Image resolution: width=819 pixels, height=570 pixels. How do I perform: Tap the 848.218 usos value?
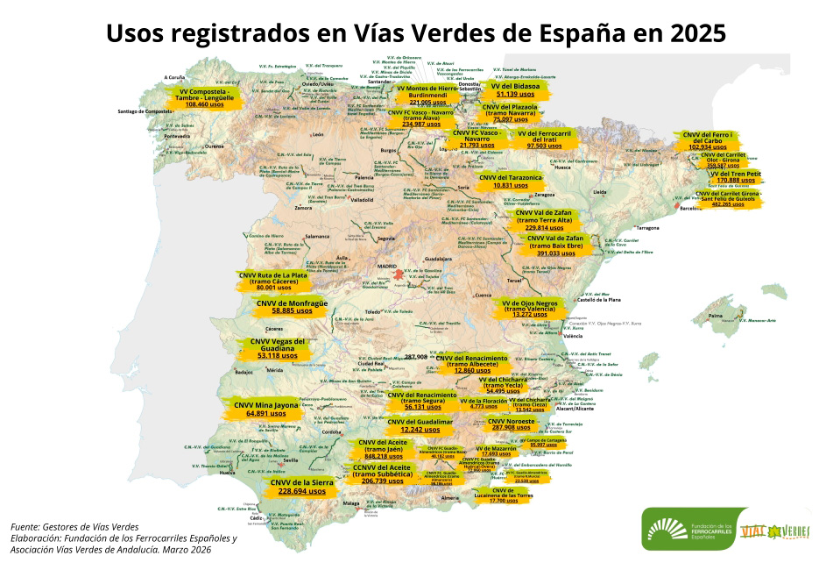pyautogui.click(x=382, y=457)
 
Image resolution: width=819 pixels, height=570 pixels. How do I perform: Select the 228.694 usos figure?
pyautogui.click(x=301, y=492)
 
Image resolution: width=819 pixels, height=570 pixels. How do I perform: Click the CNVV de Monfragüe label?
pyautogui.click(x=292, y=303)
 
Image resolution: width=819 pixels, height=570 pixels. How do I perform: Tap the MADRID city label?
pyautogui.click(x=386, y=265)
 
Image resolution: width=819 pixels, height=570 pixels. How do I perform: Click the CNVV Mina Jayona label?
pyautogui.click(x=267, y=405)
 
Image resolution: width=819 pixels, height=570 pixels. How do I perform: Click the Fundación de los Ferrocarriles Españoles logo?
pyautogui.click(x=684, y=530)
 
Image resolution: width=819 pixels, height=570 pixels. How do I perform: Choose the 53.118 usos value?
pyautogui.click(x=279, y=356)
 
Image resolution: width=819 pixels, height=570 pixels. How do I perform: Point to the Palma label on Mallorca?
pyautogui.click(x=716, y=315)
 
